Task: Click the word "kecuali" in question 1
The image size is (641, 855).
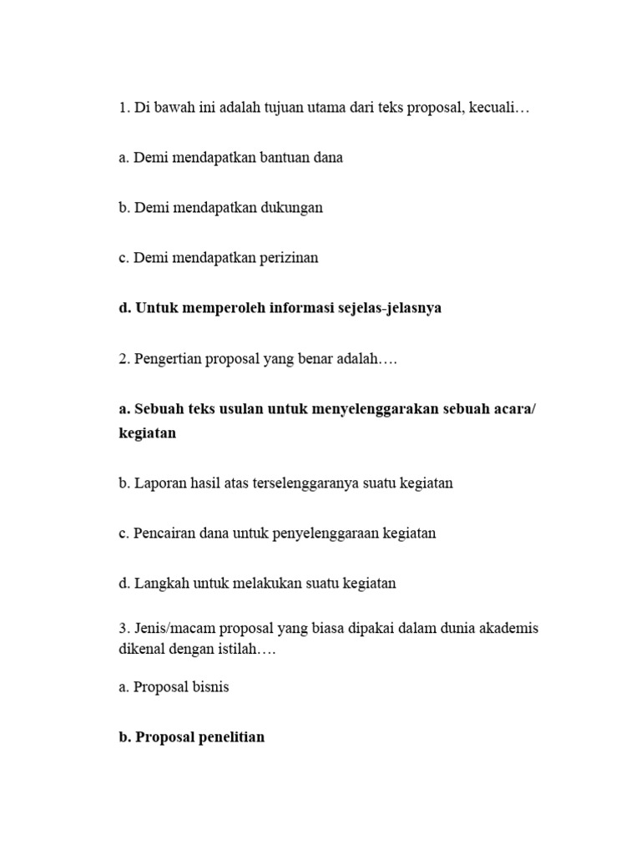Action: (x=497, y=109)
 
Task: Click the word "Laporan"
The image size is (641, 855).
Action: (x=159, y=483)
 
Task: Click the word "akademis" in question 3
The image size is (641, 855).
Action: (x=507, y=628)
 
